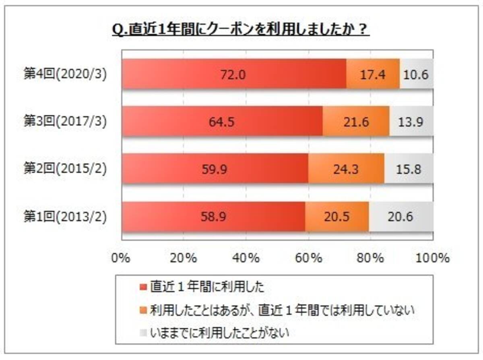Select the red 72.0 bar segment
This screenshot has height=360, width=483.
tap(234, 74)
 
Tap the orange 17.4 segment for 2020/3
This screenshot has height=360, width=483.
tap(373, 74)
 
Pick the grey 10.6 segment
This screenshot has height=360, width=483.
tap(416, 74)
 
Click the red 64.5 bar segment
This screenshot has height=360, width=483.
tap(223, 121)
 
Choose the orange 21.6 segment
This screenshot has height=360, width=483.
tap(356, 121)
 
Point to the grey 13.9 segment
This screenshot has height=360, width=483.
tap(411, 121)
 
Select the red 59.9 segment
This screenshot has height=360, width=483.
tap(215, 169)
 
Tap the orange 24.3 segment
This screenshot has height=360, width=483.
tap(346, 169)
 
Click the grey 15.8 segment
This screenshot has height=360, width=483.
tap(408, 169)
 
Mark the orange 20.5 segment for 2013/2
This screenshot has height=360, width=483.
tap(337, 217)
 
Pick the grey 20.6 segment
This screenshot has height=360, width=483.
tap(401, 217)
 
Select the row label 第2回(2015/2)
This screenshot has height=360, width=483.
tap(65, 169)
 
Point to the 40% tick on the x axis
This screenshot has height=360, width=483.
tap(246, 258)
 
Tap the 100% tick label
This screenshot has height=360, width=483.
tap(432, 258)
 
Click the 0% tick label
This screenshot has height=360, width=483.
tap(121, 258)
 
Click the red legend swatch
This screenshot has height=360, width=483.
tap(144, 287)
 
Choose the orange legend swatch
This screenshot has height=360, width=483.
tap(144, 310)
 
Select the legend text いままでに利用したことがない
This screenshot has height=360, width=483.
tap(220, 333)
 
